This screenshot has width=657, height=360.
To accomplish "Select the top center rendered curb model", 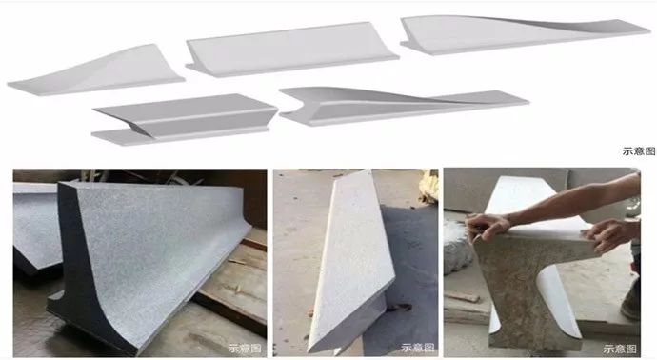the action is [291, 50].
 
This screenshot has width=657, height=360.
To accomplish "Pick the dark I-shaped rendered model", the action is [185, 119].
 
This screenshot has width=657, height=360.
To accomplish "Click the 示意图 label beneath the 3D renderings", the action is [639, 151].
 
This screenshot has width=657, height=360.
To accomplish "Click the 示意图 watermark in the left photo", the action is [245, 349].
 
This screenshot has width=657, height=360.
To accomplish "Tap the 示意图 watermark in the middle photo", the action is [417, 348].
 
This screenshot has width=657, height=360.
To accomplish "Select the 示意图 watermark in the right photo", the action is [620, 349].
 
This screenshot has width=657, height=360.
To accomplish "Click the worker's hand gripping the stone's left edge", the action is [488, 227].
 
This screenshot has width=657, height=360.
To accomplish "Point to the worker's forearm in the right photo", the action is [574, 200].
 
